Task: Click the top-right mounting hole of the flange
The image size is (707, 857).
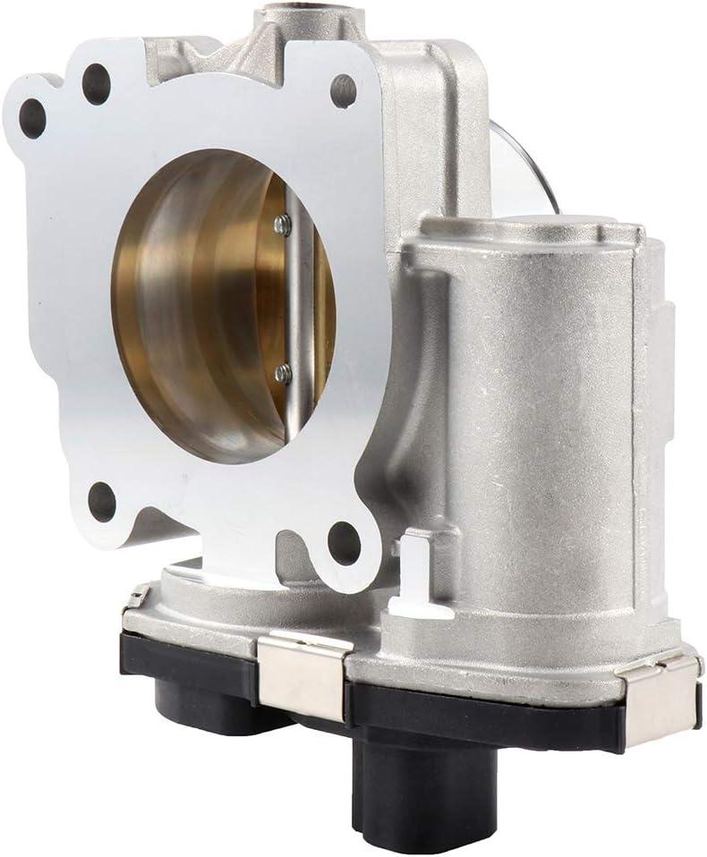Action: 343,89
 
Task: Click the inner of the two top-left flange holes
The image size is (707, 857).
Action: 96,84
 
